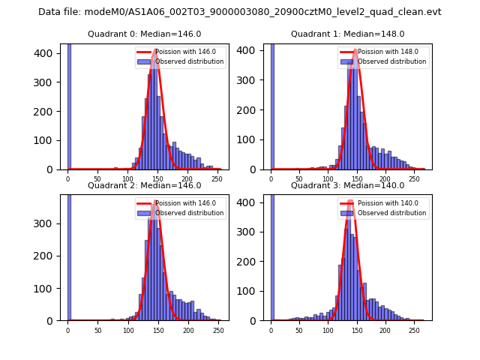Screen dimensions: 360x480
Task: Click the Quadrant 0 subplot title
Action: click(144, 34)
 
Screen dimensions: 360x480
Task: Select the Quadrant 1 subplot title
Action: click(347, 34)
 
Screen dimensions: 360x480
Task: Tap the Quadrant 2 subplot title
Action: click(144, 185)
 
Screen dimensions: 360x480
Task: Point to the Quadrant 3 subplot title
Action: click(347, 185)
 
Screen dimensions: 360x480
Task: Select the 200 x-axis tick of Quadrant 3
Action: click(385, 330)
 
